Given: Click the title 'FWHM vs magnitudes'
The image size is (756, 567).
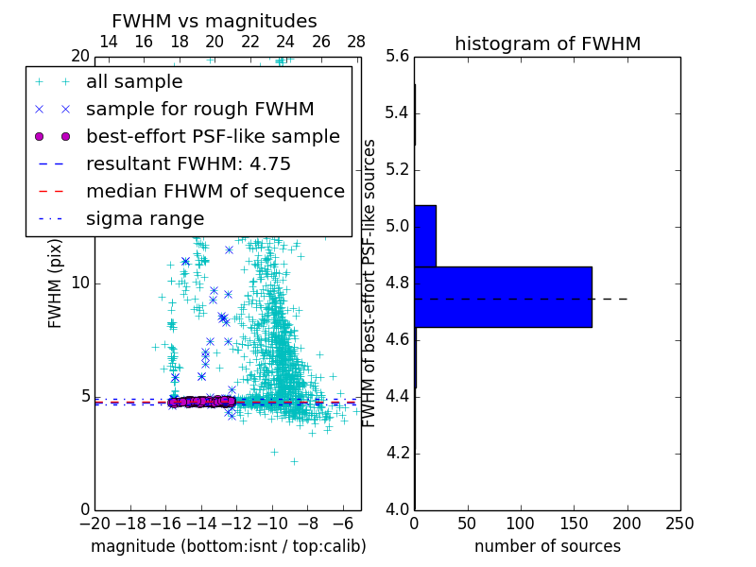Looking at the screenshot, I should [x=214, y=21].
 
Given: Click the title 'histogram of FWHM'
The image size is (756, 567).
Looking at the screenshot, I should [x=547, y=43].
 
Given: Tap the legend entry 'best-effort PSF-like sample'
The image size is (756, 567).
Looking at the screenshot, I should [x=213, y=137].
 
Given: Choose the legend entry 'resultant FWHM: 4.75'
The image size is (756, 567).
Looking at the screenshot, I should [x=188, y=164].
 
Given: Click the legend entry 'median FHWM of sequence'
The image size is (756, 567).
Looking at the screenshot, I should [x=215, y=192].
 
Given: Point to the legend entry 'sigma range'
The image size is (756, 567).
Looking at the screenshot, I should [x=145, y=219].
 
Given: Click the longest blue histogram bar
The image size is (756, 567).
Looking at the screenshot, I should [x=503, y=297].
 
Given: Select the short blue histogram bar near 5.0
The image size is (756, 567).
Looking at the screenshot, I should [x=425, y=235].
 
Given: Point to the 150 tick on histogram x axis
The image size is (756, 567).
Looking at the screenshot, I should [x=574, y=523].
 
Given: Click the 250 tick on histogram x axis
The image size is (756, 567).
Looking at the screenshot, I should [x=679, y=523].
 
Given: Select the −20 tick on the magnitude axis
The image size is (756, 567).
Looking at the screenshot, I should [x=94, y=523].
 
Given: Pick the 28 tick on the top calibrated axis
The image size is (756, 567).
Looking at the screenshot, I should [x=356, y=43].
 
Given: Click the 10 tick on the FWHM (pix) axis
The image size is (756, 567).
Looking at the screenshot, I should [x=79, y=283].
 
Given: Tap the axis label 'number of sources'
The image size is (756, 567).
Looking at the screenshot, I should [x=547, y=546].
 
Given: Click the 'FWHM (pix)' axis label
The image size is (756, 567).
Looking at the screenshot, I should [x=56, y=283].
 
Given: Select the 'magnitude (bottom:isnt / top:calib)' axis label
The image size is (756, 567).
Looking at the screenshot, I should [x=228, y=546].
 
